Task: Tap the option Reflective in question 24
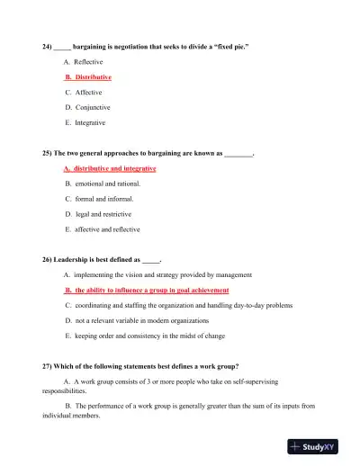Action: [x=89, y=61]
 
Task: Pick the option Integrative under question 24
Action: [x=90, y=122]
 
